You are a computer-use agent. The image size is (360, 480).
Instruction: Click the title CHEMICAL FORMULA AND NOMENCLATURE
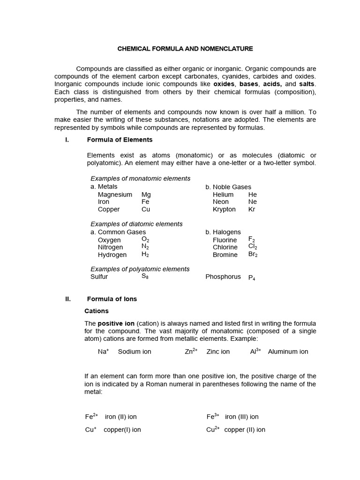(185, 48)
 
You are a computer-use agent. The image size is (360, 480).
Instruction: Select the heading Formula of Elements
(120, 140)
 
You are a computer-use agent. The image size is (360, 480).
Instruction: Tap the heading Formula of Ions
(112, 299)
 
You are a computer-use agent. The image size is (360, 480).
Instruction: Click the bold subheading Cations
(96, 311)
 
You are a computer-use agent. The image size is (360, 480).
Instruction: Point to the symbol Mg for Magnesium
(146, 195)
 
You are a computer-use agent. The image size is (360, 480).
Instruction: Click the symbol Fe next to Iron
(145, 202)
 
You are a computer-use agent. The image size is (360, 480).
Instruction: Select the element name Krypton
(224, 210)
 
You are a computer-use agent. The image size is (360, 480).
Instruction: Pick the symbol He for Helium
(253, 195)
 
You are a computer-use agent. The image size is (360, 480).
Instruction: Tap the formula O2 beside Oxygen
(145, 240)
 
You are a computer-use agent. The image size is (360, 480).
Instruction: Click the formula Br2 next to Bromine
(253, 255)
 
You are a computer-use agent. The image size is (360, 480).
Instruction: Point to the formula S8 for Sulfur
(145, 277)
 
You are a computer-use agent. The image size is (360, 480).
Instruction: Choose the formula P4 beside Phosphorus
(252, 277)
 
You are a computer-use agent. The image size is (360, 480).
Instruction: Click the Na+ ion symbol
(103, 351)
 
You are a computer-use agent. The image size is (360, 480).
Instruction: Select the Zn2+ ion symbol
(191, 351)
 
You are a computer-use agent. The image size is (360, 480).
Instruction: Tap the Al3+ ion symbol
(255, 351)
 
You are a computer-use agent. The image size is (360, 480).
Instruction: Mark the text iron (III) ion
(242, 417)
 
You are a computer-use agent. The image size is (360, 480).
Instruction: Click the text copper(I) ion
(122, 429)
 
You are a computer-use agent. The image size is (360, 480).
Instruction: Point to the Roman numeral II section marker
(67, 299)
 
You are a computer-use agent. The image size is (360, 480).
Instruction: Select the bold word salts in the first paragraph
(307, 84)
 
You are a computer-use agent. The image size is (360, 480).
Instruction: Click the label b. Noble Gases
(228, 187)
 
